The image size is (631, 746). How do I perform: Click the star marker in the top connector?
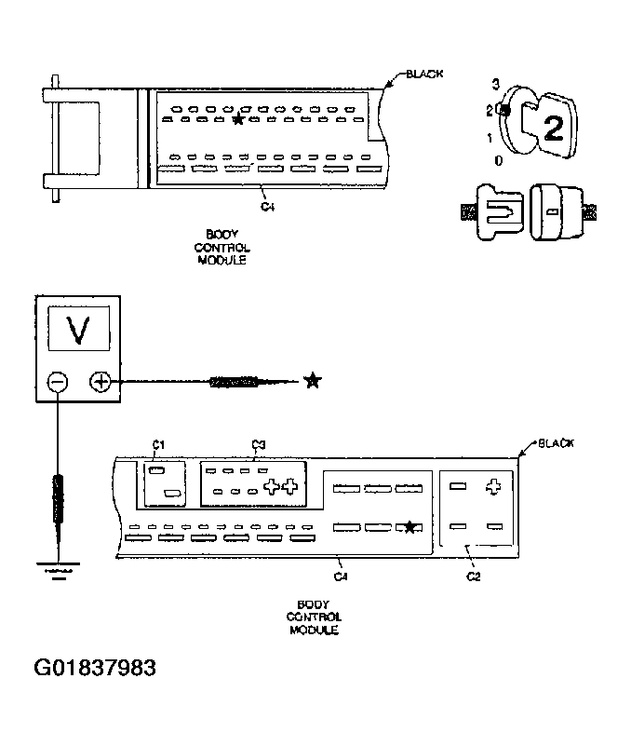238,119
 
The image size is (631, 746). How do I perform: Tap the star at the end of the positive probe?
313,380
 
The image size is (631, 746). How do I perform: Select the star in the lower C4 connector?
409,527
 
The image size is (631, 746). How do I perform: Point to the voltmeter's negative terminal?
58,381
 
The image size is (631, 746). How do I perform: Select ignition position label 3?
496,84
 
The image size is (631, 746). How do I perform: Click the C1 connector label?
158,443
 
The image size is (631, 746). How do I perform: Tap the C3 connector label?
260,444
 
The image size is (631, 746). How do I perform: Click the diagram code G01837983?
95,668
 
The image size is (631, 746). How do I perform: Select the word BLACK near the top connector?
425,74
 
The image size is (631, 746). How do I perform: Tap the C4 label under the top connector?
267,206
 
